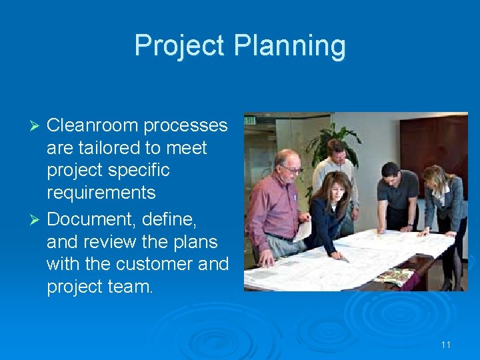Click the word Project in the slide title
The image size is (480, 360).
tap(179, 46)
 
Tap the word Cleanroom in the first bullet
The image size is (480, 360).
tap(93, 125)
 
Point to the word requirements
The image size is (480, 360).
tap(101, 193)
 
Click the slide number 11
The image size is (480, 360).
tap(446, 345)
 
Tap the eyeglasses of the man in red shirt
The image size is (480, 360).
tap(291, 169)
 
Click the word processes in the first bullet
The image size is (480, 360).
tap(186, 125)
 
